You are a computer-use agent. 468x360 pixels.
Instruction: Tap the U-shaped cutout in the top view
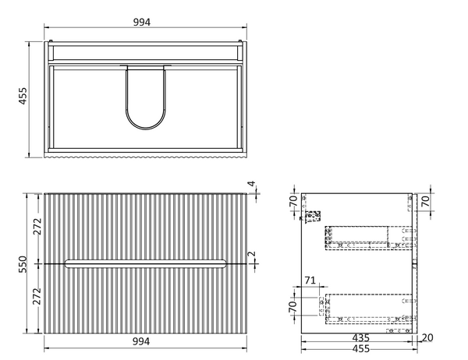click(x=146, y=98)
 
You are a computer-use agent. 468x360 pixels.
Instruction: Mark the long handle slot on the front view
click(x=146, y=263)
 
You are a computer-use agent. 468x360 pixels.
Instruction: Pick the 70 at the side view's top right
click(x=425, y=200)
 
